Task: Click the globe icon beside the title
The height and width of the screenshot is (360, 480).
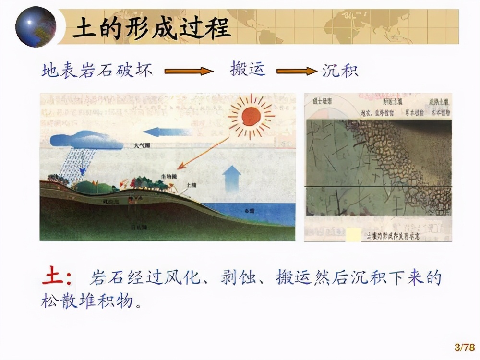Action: pos(36,26)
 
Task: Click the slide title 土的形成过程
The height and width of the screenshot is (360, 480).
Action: pos(151,29)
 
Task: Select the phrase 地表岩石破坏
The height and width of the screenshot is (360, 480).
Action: pos(97,71)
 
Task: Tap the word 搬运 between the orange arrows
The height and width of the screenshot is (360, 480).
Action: pos(247,70)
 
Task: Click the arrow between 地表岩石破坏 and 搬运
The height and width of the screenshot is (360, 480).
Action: pos(189,72)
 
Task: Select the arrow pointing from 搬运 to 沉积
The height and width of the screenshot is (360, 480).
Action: pos(297,72)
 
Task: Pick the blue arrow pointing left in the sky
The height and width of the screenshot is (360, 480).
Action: pos(168,131)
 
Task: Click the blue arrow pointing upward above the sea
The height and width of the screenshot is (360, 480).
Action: pos(232,178)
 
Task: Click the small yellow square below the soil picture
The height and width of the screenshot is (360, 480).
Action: pos(353,235)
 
